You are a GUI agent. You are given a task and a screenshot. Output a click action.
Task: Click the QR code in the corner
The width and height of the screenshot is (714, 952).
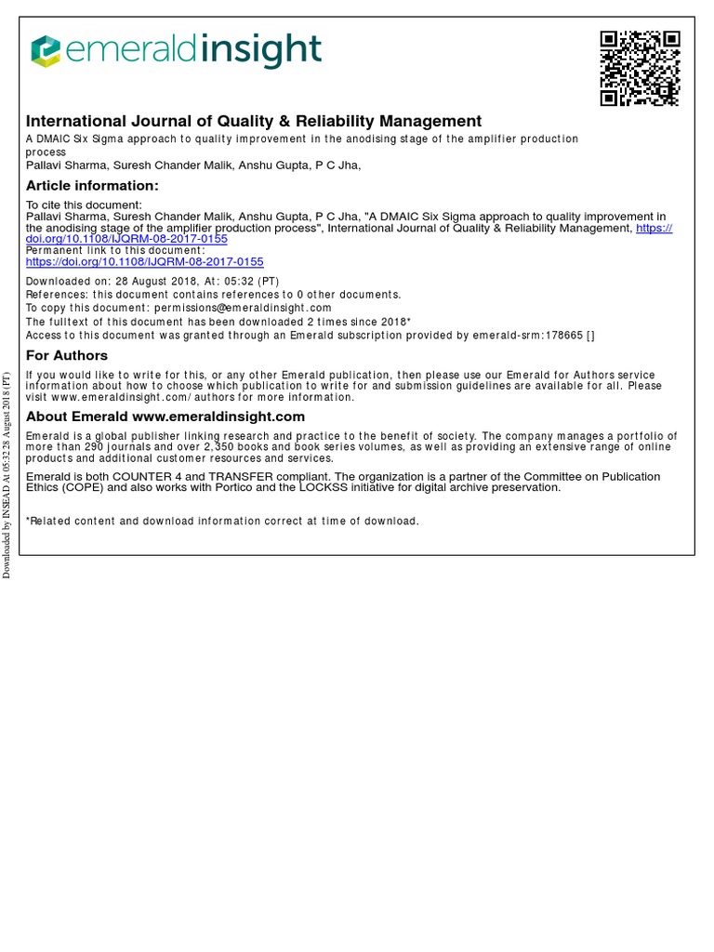(x=640, y=68)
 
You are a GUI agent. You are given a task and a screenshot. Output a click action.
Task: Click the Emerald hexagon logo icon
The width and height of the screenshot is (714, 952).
(x=45, y=52)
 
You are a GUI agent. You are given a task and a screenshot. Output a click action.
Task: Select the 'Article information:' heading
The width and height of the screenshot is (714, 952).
(x=92, y=186)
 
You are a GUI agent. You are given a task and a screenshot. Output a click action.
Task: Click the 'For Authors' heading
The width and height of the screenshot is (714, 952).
(x=67, y=356)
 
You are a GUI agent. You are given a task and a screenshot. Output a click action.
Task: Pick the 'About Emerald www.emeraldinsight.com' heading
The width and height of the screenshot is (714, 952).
(x=165, y=416)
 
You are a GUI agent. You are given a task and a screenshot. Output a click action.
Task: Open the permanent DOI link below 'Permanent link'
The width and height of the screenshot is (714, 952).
(x=144, y=263)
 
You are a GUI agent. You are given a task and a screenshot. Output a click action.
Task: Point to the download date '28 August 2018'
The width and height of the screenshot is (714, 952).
(x=144, y=282)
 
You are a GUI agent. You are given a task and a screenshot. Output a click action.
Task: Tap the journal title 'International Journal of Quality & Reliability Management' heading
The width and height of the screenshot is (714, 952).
(x=254, y=122)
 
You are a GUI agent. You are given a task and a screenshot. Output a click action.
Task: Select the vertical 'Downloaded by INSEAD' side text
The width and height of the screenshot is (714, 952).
(x=7, y=474)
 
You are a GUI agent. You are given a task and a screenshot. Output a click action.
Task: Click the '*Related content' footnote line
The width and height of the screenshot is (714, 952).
(x=222, y=522)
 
